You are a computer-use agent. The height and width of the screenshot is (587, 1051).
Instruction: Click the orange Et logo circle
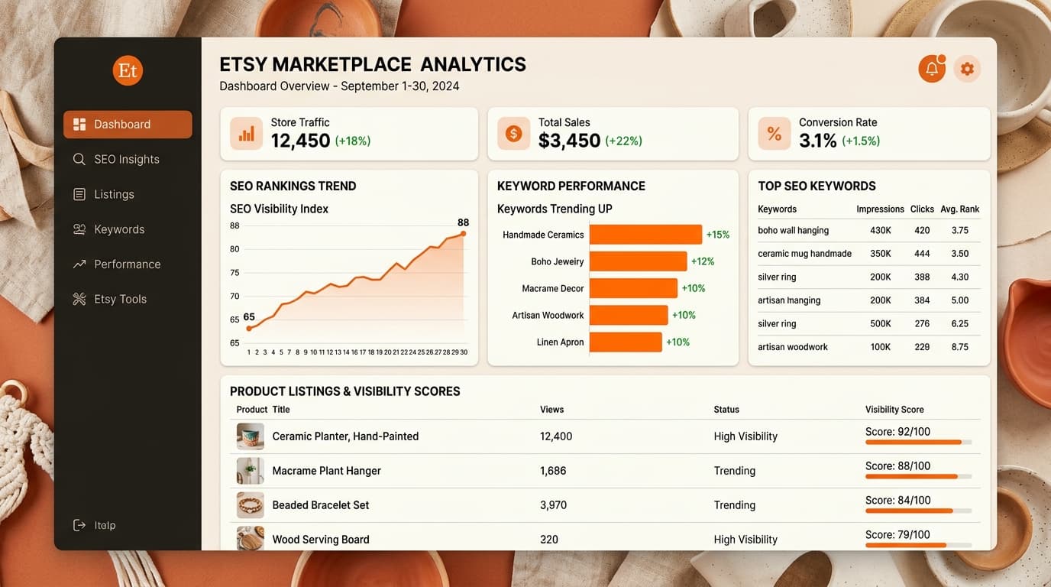click(x=128, y=70)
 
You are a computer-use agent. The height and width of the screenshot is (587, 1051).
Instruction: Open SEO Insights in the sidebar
click(x=126, y=159)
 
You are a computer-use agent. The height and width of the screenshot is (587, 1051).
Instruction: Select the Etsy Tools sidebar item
click(x=120, y=299)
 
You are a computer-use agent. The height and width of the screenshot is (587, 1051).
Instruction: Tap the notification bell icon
click(x=932, y=69)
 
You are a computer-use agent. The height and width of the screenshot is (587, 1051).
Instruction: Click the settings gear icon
click(x=967, y=69)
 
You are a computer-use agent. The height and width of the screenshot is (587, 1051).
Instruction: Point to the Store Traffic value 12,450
click(x=300, y=141)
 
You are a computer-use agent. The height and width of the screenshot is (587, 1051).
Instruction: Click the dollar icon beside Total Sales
click(x=513, y=134)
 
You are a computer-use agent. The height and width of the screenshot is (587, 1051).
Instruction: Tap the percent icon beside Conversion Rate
click(x=774, y=134)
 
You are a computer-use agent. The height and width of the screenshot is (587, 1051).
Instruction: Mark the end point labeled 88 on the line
click(x=463, y=234)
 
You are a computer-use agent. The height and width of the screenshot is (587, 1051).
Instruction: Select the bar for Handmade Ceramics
click(x=645, y=235)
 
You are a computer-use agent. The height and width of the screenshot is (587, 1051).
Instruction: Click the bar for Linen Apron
click(x=626, y=342)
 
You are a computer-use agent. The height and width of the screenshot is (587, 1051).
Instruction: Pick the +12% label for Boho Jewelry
click(x=703, y=261)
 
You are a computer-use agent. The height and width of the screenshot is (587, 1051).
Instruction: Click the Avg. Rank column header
click(x=960, y=209)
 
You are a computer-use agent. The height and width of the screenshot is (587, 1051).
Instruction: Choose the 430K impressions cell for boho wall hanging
click(x=880, y=230)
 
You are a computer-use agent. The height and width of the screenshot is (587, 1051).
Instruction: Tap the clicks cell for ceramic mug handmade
click(x=922, y=254)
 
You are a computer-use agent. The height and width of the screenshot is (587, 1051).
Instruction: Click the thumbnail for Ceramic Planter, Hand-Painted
click(x=251, y=436)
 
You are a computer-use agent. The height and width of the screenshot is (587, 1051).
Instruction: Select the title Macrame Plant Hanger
click(x=326, y=471)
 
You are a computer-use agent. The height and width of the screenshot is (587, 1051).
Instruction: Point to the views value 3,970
click(x=553, y=505)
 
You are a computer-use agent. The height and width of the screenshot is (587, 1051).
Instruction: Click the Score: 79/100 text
click(x=897, y=535)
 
